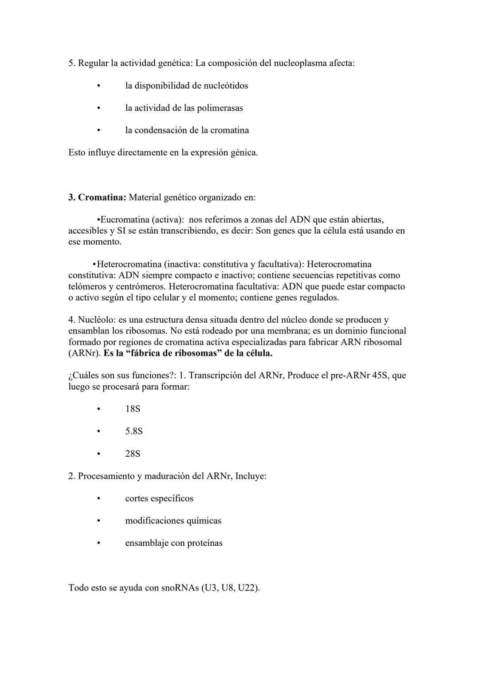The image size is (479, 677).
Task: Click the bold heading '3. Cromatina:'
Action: [97, 197]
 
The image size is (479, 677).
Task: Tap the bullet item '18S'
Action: [133, 409]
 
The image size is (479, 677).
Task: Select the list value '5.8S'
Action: [134, 431]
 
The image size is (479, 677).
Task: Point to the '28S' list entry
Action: [133, 454]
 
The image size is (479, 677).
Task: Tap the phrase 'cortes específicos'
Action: [159, 498]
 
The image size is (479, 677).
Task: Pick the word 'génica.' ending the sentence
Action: [244, 153]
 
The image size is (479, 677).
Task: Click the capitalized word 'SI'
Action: [122, 231]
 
